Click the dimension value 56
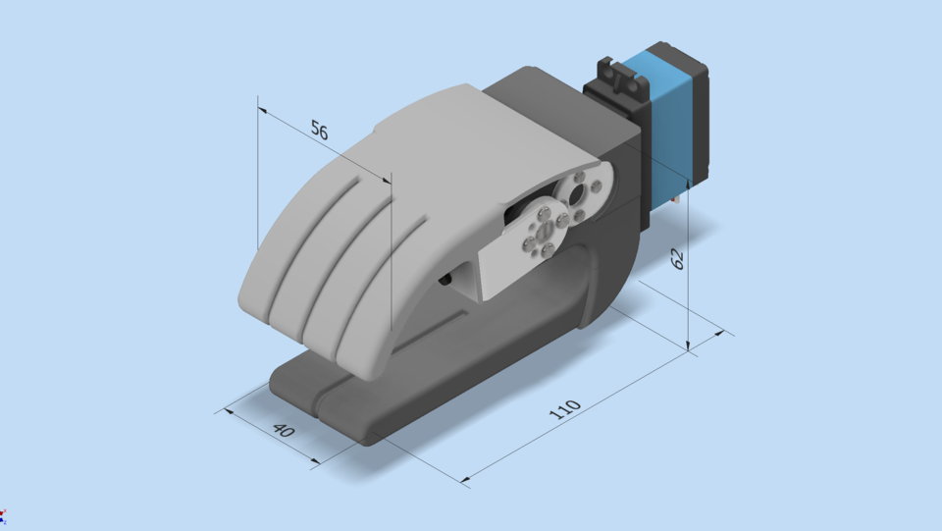[x=319, y=130]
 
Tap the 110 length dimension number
[x=565, y=409]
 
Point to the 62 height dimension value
[x=677, y=259]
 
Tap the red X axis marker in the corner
[x=3, y=513]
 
